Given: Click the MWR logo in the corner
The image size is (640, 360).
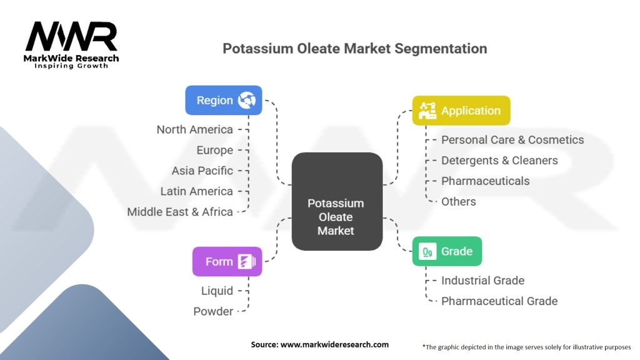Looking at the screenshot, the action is [x=71, y=45].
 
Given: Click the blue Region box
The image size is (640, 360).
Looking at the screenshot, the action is [x=224, y=100].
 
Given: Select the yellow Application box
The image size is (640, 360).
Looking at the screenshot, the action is [x=461, y=111].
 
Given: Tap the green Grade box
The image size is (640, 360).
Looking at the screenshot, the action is [x=447, y=251].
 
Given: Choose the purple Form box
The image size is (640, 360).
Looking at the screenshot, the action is [x=227, y=261].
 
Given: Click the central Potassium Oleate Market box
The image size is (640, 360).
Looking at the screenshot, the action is [x=337, y=201].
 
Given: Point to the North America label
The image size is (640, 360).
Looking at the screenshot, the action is [x=195, y=129].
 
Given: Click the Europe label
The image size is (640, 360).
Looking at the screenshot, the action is [x=215, y=150].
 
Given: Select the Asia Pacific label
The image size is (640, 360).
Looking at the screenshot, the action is [x=202, y=171].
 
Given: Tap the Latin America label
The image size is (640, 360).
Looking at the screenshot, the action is [x=196, y=191].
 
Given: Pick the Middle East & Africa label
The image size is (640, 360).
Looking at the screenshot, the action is [x=180, y=212].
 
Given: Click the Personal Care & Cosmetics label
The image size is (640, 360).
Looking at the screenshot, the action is [x=512, y=139].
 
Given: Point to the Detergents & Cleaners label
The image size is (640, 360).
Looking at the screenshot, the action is [x=499, y=161].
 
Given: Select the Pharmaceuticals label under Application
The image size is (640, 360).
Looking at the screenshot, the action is [x=485, y=181].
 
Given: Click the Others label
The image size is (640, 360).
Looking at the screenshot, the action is [x=458, y=202].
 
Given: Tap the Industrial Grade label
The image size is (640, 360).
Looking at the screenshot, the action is [x=483, y=281].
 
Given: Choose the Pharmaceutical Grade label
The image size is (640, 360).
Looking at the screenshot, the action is [x=499, y=301].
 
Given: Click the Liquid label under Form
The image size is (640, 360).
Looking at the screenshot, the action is [x=217, y=291].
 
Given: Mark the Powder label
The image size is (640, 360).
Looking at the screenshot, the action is [x=213, y=311].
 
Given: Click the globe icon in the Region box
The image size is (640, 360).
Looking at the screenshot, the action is [x=247, y=100].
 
